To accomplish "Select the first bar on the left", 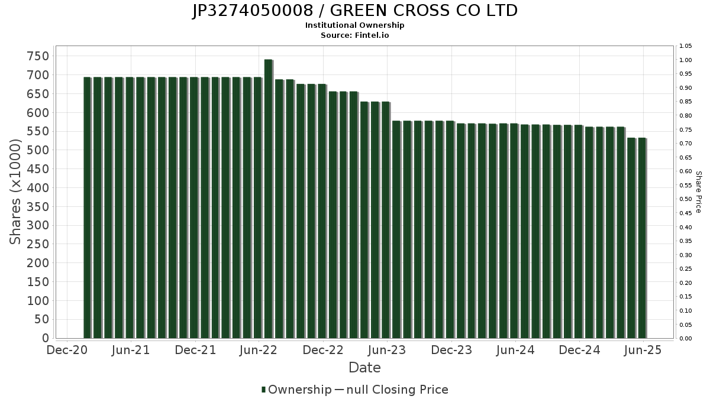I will (x=87, y=207).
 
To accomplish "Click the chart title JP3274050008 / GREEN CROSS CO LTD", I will (x=355, y=11).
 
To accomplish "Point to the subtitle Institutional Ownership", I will (x=355, y=25).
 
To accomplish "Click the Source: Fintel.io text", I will (x=355, y=35).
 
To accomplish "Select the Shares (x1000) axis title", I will (x=15, y=192).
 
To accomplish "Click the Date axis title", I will (x=364, y=368).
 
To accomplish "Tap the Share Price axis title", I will (x=698, y=192).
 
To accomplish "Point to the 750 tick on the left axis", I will (x=38, y=56).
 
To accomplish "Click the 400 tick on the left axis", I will (x=38, y=188).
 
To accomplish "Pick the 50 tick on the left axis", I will (x=41, y=320).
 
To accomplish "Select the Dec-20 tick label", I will (x=67, y=350).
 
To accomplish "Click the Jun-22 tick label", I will (x=259, y=350).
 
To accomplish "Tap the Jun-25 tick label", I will (x=643, y=350).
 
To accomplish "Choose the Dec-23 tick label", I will (x=451, y=350).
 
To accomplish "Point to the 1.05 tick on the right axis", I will (x=686, y=46).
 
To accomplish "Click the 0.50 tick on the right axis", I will (x=686, y=199).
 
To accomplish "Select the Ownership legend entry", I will (x=296, y=390).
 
